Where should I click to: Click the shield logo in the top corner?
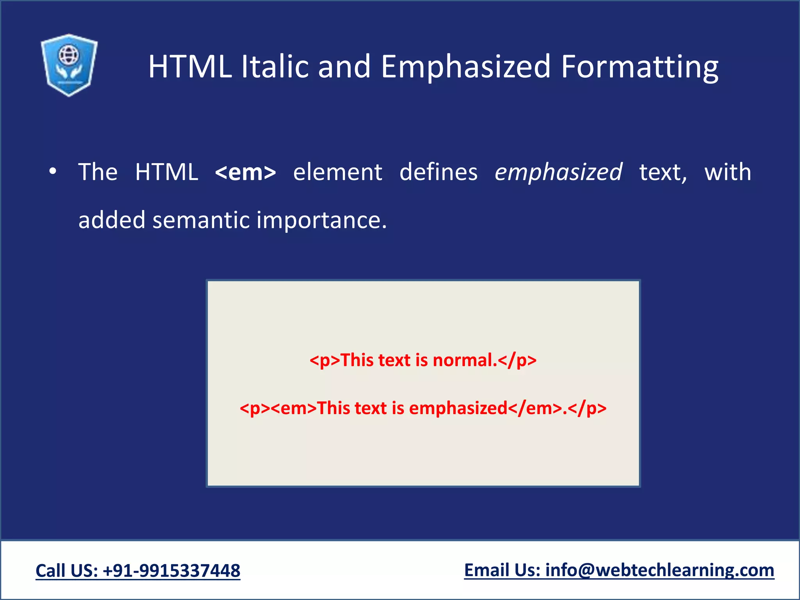point(69,65)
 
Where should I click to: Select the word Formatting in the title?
point(639,67)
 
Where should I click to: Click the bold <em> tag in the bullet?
point(246,172)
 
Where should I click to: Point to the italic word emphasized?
point(558,172)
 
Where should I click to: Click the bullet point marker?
point(53,171)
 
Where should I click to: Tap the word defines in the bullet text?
point(438,172)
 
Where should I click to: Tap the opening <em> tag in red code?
point(293,408)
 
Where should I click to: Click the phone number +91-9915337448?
point(171,571)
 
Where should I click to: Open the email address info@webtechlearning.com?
point(659,570)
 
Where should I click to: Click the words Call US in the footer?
point(66,571)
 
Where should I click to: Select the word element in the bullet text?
point(337,172)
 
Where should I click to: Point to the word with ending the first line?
point(728,172)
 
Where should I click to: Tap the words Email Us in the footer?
point(502,570)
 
